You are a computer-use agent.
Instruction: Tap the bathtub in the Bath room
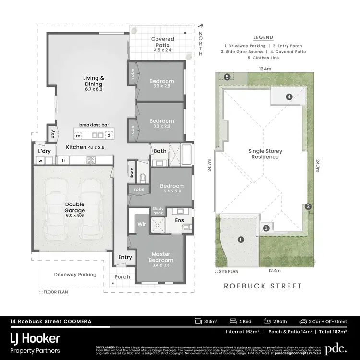[x=186, y=156]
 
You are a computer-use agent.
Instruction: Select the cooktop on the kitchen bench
[x=90, y=161]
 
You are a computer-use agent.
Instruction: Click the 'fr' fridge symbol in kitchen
[x=63, y=161]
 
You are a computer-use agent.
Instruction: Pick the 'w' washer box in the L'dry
[x=41, y=161]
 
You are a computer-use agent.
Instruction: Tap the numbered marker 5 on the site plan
[x=228, y=76]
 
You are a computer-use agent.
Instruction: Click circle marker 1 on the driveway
[x=240, y=239]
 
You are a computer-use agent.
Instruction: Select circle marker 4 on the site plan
[x=289, y=96]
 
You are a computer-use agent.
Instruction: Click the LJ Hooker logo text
[x=35, y=338]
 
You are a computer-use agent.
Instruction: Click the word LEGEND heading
[x=263, y=37]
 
